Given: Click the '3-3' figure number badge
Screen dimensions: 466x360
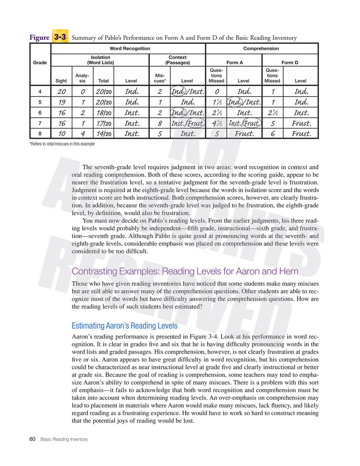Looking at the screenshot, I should pos(60,37).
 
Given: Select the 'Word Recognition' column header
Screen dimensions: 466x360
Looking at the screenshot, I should pos(127,48).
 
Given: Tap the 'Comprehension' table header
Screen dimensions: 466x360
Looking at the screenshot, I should pos(261,48).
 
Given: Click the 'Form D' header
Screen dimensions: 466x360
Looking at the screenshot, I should pos(290,63).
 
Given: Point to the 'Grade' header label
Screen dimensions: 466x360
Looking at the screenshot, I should pos(40,63).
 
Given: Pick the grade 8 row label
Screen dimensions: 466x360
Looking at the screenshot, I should pos(40,133).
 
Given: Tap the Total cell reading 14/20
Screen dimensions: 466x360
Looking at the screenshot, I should pos(102,133).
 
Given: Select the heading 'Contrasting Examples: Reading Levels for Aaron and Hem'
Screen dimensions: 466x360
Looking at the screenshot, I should pos(185,271).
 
